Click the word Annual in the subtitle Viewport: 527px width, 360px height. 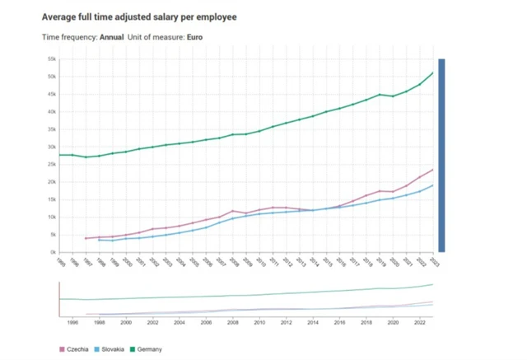point(111,37)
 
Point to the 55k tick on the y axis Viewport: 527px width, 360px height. point(51,59)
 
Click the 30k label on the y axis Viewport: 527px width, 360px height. point(51,147)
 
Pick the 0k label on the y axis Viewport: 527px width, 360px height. point(52,252)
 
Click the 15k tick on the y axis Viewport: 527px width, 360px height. point(51,200)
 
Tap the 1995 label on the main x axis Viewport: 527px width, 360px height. point(60,262)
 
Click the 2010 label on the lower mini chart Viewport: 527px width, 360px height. point(260,323)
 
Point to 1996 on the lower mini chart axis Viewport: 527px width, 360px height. point(72,323)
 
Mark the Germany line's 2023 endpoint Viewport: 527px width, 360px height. point(433,72)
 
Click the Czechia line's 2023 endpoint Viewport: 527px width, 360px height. point(433,170)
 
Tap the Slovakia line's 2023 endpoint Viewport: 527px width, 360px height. point(433,185)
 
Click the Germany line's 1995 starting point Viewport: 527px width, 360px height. point(59,155)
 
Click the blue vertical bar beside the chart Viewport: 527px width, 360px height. point(441,155)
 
